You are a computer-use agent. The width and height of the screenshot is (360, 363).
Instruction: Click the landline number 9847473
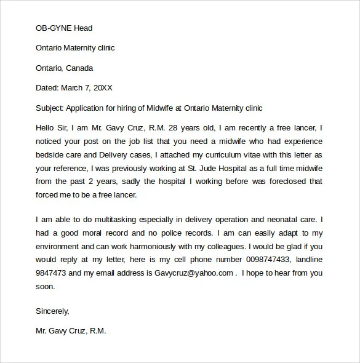[x=52, y=273]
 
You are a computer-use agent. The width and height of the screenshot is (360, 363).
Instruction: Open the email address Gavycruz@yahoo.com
[x=198, y=273]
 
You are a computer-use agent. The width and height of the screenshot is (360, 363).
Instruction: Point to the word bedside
[x=51, y=154]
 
